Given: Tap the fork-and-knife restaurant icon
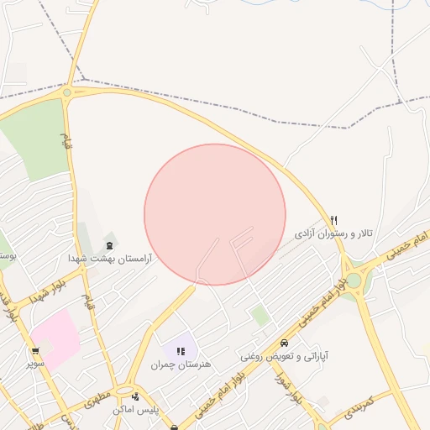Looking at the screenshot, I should click(x=334, y=220).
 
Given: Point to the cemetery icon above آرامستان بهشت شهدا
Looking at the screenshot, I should click(x=111, y=246).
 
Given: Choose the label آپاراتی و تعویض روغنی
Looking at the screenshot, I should click(x=285, y=356).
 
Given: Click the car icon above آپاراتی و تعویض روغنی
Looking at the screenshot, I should click(x=285, y=343).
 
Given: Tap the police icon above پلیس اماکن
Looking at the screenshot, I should click(x=135, y=396).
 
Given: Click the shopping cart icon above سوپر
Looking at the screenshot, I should click(x=35, y=351).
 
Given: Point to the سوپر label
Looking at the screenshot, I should click(x=35, y=364).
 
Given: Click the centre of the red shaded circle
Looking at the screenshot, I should click(x=215, y=214).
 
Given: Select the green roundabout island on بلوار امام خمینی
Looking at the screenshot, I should click(x=354, y=281).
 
